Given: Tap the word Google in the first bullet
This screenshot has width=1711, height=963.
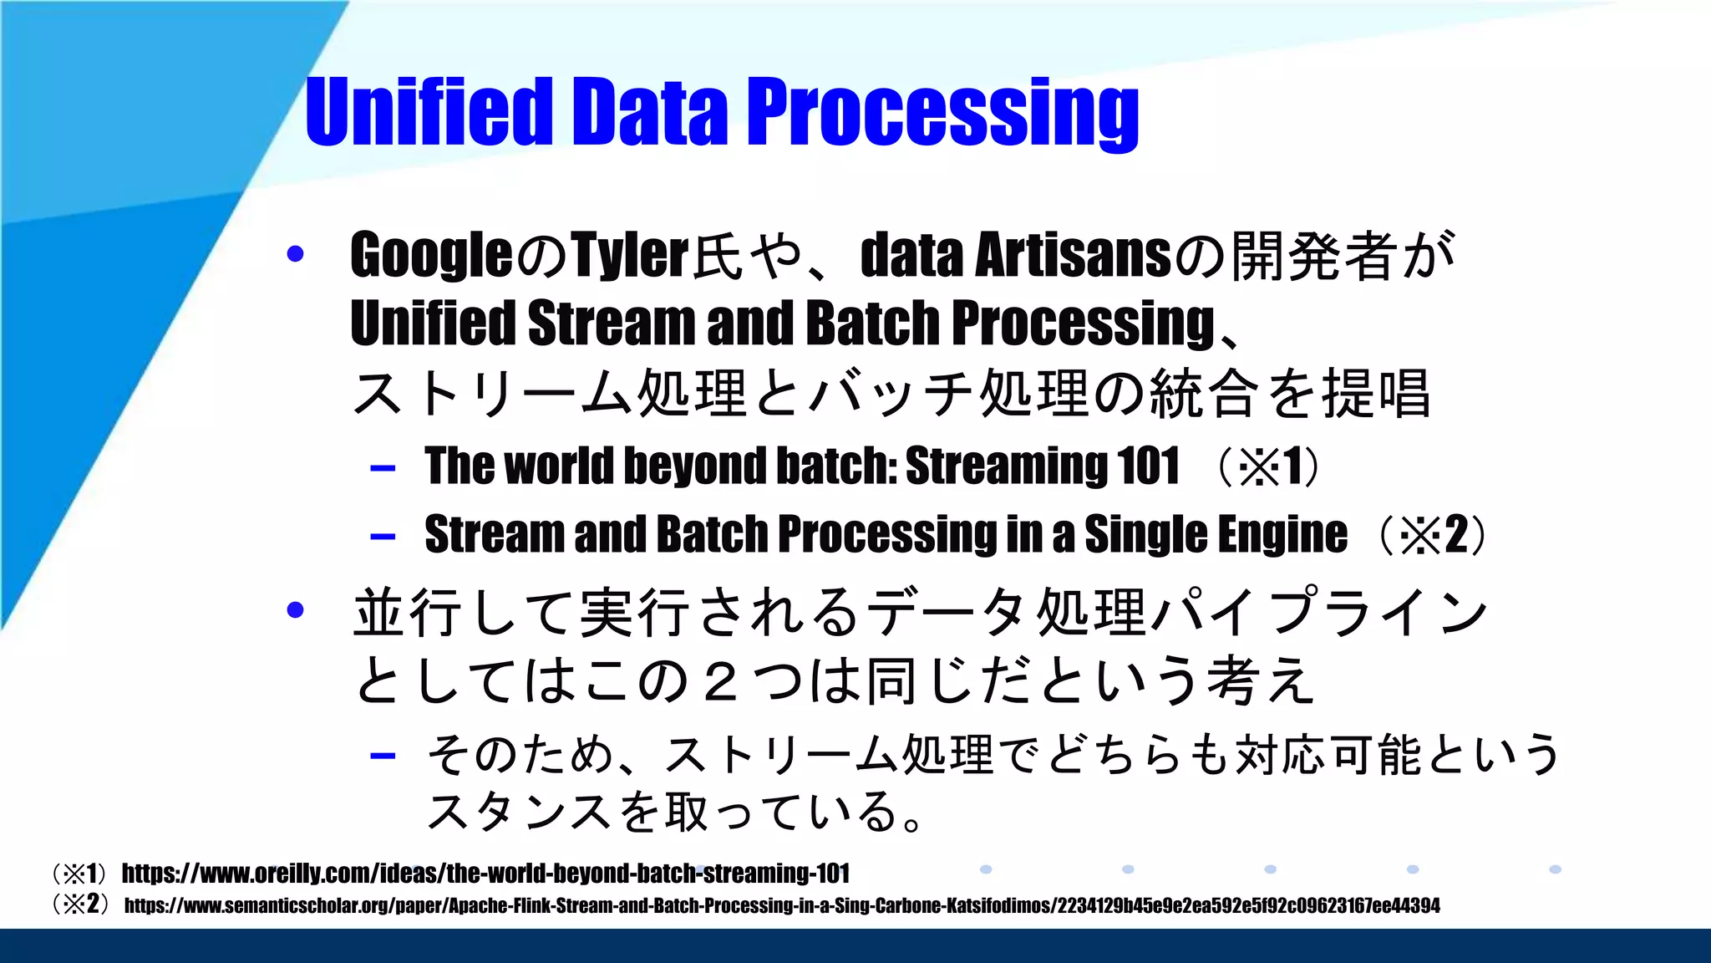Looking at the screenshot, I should (431, 255).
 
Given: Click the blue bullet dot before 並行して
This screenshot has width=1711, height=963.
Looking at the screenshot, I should (295, 610).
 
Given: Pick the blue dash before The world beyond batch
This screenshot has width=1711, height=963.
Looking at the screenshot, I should (383, 467).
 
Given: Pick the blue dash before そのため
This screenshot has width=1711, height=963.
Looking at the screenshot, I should (383, 756).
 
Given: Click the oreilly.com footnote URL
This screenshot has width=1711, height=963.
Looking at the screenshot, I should (485, 874).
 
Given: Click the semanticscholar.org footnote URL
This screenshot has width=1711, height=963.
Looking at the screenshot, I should (781, 905).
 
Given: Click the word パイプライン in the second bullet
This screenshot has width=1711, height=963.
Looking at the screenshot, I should (1320, 612).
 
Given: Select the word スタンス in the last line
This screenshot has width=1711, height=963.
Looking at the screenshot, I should (518, 812).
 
